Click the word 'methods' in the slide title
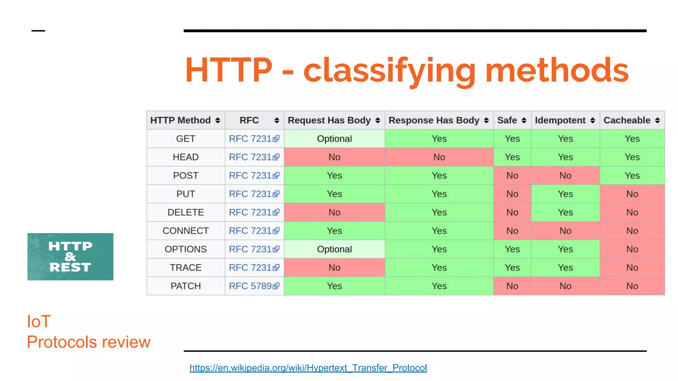(557, 70)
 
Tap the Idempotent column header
(560, 120)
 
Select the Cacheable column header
(627, 120)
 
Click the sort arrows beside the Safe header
(524, 120)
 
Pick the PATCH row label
(185, 286)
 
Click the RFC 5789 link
(250, 286)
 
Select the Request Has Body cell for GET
(334, 139)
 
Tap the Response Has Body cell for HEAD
(439, 157)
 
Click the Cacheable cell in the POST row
(632, 176)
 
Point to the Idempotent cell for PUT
(565, 194)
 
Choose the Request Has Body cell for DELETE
(334, 212)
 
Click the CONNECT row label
(185, 231)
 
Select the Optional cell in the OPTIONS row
(334, 249)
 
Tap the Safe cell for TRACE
(512, 268)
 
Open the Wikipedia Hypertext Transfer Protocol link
(308, 368)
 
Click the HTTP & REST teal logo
(70, 257)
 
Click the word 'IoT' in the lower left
(39, 321)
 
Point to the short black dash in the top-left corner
(38, 31)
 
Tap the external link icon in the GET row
(276, 139)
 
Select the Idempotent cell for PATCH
(565, 286)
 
